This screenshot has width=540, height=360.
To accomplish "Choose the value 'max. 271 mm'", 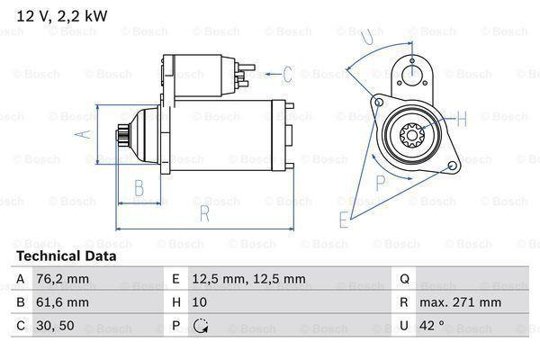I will (461, 302).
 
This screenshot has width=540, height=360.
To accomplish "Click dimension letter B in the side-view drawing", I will (139, 188).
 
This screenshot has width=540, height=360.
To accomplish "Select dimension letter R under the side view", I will (204, 213).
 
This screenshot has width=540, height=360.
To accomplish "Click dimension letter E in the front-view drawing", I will (344, 219).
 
